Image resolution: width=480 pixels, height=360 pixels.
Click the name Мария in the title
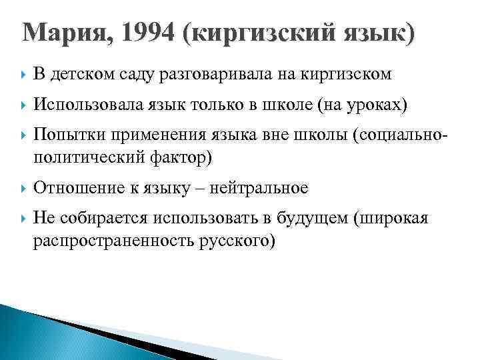[x=60, y=33]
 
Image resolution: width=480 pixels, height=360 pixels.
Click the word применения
[x=141, y=135]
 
